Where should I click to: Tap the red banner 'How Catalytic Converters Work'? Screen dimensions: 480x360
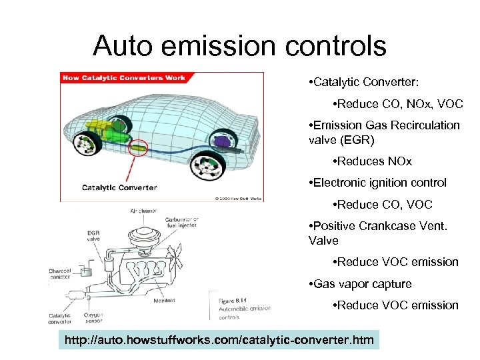[124, 78]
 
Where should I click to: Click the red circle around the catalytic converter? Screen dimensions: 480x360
[139, 147]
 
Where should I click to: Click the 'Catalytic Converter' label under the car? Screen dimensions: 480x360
[119, 187]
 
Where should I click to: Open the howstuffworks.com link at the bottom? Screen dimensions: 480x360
[219, 341]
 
